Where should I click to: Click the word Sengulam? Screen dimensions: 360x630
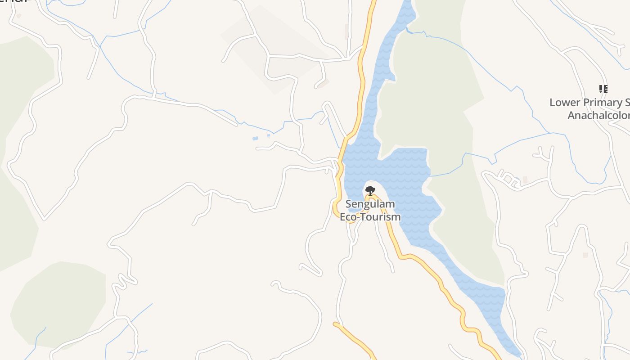pos(370,204)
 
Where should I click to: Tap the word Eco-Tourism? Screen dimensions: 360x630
pos(370,217)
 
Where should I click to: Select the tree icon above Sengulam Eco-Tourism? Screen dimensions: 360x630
pos(370,190)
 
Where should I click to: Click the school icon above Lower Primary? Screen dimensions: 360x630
pos(603,89)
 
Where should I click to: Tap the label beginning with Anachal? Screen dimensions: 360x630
pos(598,116)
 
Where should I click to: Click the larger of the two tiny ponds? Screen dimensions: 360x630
pos(256,138)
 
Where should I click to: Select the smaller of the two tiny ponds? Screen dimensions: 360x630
pos(269,135)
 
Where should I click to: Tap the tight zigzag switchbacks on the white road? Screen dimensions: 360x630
pos(124,281)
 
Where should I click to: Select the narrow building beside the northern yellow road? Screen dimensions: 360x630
pos(346,31)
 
